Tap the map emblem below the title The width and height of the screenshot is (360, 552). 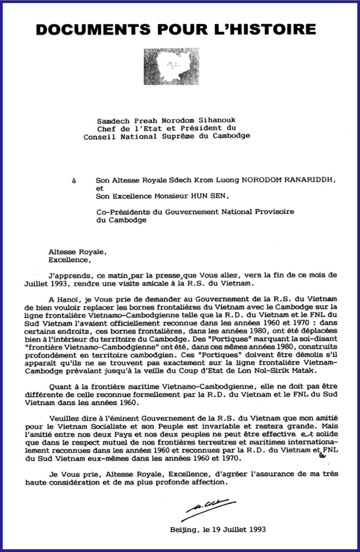click(171, 66)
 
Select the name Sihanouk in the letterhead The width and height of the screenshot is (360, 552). click(217, 120)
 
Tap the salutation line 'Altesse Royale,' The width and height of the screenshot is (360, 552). click(78, 252)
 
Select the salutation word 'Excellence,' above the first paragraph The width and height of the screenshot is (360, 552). click(70, 260)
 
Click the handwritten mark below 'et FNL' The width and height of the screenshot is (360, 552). click(323, 456)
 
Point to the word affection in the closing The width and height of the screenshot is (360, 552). click(209, 482)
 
